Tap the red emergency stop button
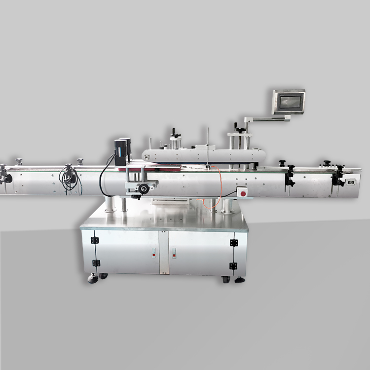243,193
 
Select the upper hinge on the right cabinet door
233,242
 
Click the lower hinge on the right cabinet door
233,266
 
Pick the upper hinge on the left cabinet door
95,240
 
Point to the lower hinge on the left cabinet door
96,263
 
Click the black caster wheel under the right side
226,279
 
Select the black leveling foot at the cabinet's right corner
240,280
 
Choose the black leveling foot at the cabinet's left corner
93,279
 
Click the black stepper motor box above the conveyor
122,151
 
